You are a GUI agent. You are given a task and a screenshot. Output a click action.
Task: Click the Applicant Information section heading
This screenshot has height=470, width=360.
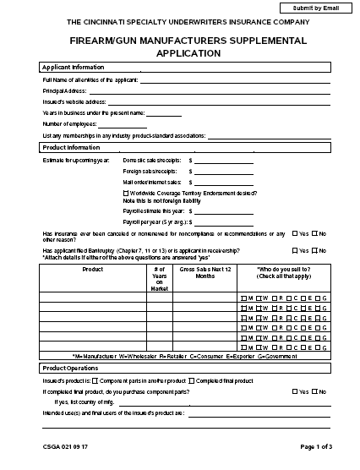74,67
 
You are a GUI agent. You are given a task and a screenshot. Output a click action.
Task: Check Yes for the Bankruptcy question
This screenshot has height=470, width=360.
294,250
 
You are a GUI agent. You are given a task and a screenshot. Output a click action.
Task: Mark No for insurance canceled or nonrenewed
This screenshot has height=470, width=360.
315,232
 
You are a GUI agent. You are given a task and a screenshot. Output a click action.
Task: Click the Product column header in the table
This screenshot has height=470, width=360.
93,270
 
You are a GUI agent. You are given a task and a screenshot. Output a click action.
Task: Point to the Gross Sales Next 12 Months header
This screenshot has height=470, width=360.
204,273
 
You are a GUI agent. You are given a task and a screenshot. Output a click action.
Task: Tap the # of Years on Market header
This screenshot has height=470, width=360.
160,278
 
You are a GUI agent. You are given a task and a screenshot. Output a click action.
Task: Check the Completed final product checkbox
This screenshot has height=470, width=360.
192,381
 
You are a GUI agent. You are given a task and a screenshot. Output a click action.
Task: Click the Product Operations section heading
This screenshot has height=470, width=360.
70,369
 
